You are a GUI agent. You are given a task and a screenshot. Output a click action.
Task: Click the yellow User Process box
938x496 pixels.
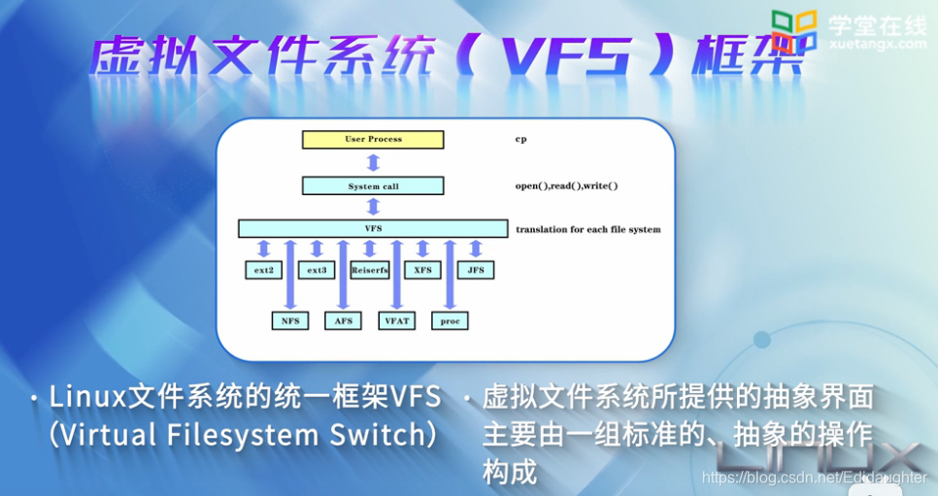click(373, 140)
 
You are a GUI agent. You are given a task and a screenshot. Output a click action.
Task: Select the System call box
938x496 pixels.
click(373, 185)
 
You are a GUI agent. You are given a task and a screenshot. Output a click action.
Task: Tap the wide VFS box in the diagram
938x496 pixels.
click(373, 229)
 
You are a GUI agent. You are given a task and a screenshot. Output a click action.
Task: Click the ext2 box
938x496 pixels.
click(263, 270)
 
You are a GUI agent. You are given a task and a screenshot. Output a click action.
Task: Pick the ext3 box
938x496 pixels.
click(317, 270)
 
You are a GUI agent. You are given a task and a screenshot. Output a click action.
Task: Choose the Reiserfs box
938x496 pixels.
click(369, 270)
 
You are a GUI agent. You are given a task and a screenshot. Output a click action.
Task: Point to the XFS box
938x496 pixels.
click(422, 270)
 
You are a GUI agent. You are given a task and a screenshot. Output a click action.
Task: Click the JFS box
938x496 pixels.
click(476, 270)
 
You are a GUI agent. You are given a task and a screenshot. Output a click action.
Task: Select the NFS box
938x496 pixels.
click(289, 320)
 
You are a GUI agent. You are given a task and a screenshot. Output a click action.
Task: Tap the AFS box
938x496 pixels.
click(343, 320)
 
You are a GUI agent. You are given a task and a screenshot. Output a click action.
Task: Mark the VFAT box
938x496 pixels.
click(396, 320)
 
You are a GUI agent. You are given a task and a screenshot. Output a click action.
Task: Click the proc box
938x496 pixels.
click(450, 320)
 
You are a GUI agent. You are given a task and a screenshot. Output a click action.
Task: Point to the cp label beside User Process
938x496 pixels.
click(520, 140)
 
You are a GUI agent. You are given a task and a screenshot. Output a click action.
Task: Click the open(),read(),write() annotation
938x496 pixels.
click(566, 185)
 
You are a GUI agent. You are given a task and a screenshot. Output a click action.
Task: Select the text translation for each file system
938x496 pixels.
click(587, 230)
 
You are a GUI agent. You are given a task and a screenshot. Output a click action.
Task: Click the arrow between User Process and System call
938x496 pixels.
click(373, 162)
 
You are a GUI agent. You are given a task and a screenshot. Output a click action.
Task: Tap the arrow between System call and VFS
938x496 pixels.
click(373, 207)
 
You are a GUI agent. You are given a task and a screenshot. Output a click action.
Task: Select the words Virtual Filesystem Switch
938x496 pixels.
click(242, 434)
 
